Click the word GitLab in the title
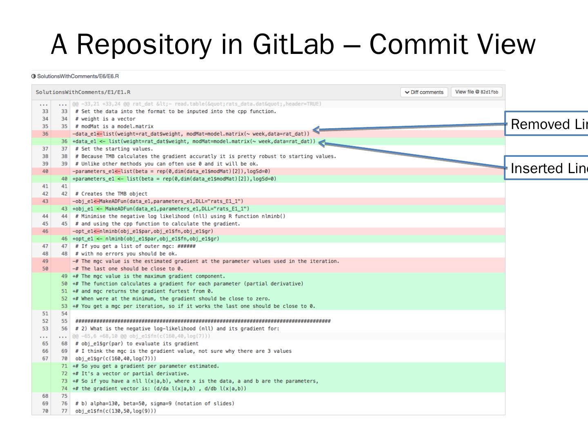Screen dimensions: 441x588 (293, 44)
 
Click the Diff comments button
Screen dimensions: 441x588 (424, 92)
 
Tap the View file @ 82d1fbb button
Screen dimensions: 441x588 (477, 92)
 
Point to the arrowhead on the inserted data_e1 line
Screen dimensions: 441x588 (321, 143)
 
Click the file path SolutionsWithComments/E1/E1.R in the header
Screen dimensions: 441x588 (83, 92)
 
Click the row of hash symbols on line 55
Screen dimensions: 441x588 (203, 321)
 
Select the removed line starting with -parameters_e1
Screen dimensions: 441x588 (171, 171)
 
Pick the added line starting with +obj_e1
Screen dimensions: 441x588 (161, 209)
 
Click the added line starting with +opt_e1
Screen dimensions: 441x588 (146, 239)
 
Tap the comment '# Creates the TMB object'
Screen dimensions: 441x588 (111, 194)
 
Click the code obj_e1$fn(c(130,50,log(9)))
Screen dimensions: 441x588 (116, 411)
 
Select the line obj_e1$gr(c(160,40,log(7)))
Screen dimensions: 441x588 (116, 359)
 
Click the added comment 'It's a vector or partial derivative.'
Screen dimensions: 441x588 (131, 374)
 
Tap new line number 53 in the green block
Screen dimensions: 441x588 (64, 306)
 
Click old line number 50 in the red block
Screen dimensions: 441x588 (45, 269)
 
